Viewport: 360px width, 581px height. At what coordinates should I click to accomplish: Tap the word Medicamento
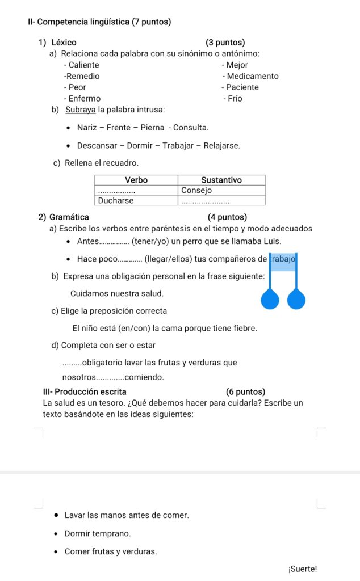(x=252, y=76)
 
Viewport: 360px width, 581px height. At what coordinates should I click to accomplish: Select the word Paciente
(x=242, y=87)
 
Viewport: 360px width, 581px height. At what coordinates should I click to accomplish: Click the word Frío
(x=235, y=99)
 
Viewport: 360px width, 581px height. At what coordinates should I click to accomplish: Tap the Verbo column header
(x=136, y=180)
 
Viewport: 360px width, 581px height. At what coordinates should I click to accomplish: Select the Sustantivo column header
(x=221, y=180)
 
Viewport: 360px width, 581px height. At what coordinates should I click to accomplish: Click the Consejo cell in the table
(x=196, y=190)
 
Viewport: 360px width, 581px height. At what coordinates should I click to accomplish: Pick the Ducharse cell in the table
(x=116, y=200)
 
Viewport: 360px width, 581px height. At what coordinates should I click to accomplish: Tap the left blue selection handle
(x=270, y=300)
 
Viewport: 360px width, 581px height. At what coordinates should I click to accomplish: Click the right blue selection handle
(x=296, y=300)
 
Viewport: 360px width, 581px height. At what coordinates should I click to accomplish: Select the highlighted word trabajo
(x=283, y=259)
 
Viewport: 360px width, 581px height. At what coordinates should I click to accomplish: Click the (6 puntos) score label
(x=245, y=392)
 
